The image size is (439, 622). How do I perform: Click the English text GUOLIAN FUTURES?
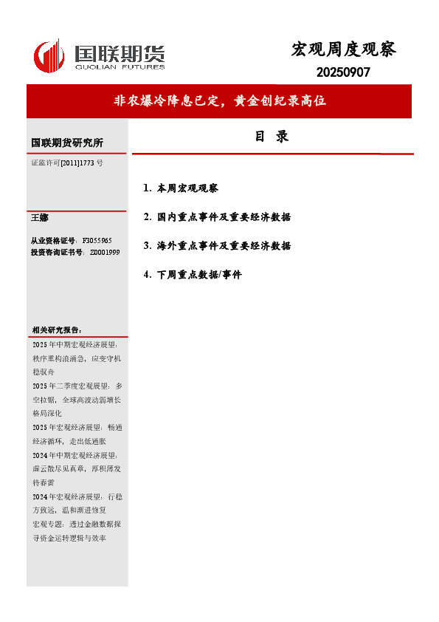click(x=119, y=66)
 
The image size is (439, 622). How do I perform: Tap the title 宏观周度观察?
click(x=344, y=49)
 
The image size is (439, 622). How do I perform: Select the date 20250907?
click(x=343, y=72)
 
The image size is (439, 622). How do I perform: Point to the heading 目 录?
click(x=271, y=137)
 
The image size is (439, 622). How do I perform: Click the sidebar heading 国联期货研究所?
click(x=67, y=143)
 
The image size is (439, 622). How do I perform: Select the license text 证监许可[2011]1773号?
click(x=67, y=162)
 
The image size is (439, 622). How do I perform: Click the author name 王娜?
click(x=39, y=218)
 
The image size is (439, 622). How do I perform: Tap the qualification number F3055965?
click(x=97, y=241)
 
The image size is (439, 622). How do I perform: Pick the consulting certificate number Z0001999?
click(x=104, y=253)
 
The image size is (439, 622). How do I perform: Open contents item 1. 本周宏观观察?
click(x=182, y=188)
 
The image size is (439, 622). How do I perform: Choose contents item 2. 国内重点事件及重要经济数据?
click(x=218, y=217)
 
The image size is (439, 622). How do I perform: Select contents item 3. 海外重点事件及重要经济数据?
click(x=218, y=245)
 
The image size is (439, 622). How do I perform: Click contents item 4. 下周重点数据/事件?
click(x=193, y=274)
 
